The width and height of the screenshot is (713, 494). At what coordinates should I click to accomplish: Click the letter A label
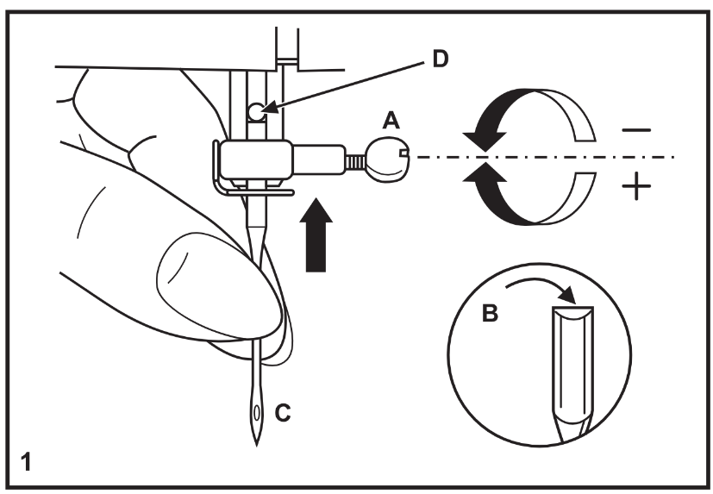[x=391, y=122]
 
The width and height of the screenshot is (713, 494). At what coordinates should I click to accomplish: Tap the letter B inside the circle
[x=490, y=314]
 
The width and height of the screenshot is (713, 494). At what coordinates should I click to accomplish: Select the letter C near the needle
[x=283, y=413]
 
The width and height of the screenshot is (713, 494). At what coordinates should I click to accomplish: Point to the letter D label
[x=440, y=59]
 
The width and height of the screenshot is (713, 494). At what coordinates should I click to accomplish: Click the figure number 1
[x=26, y=462]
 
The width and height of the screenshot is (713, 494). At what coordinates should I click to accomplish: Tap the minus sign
[x=636, y=130]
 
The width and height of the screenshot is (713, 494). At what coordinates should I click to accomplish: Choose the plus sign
[x=636, y=186]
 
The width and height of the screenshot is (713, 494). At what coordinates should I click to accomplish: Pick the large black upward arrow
[x=316, y=234]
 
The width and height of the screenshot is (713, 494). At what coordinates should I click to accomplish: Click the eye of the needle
[x=257, y=414]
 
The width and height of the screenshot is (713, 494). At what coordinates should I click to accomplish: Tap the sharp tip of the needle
[x=256, y=446]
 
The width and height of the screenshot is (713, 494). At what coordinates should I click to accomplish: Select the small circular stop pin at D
[x=256, y=112]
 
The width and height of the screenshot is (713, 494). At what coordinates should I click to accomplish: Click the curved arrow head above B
[x=567, y=295]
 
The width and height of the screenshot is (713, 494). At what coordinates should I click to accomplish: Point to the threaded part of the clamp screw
[x=355, y=161]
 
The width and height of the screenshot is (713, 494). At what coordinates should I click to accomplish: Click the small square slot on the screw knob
[x=403, y=153]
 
